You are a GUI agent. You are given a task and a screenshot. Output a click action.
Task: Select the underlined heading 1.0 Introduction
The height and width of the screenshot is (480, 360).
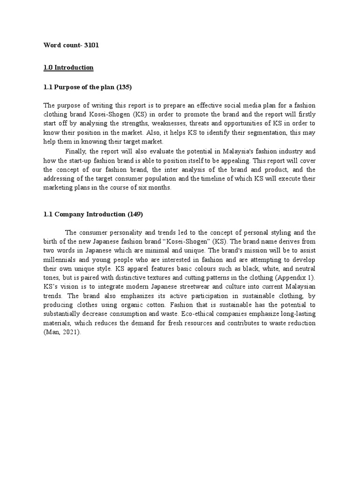(x=68, y=67)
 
